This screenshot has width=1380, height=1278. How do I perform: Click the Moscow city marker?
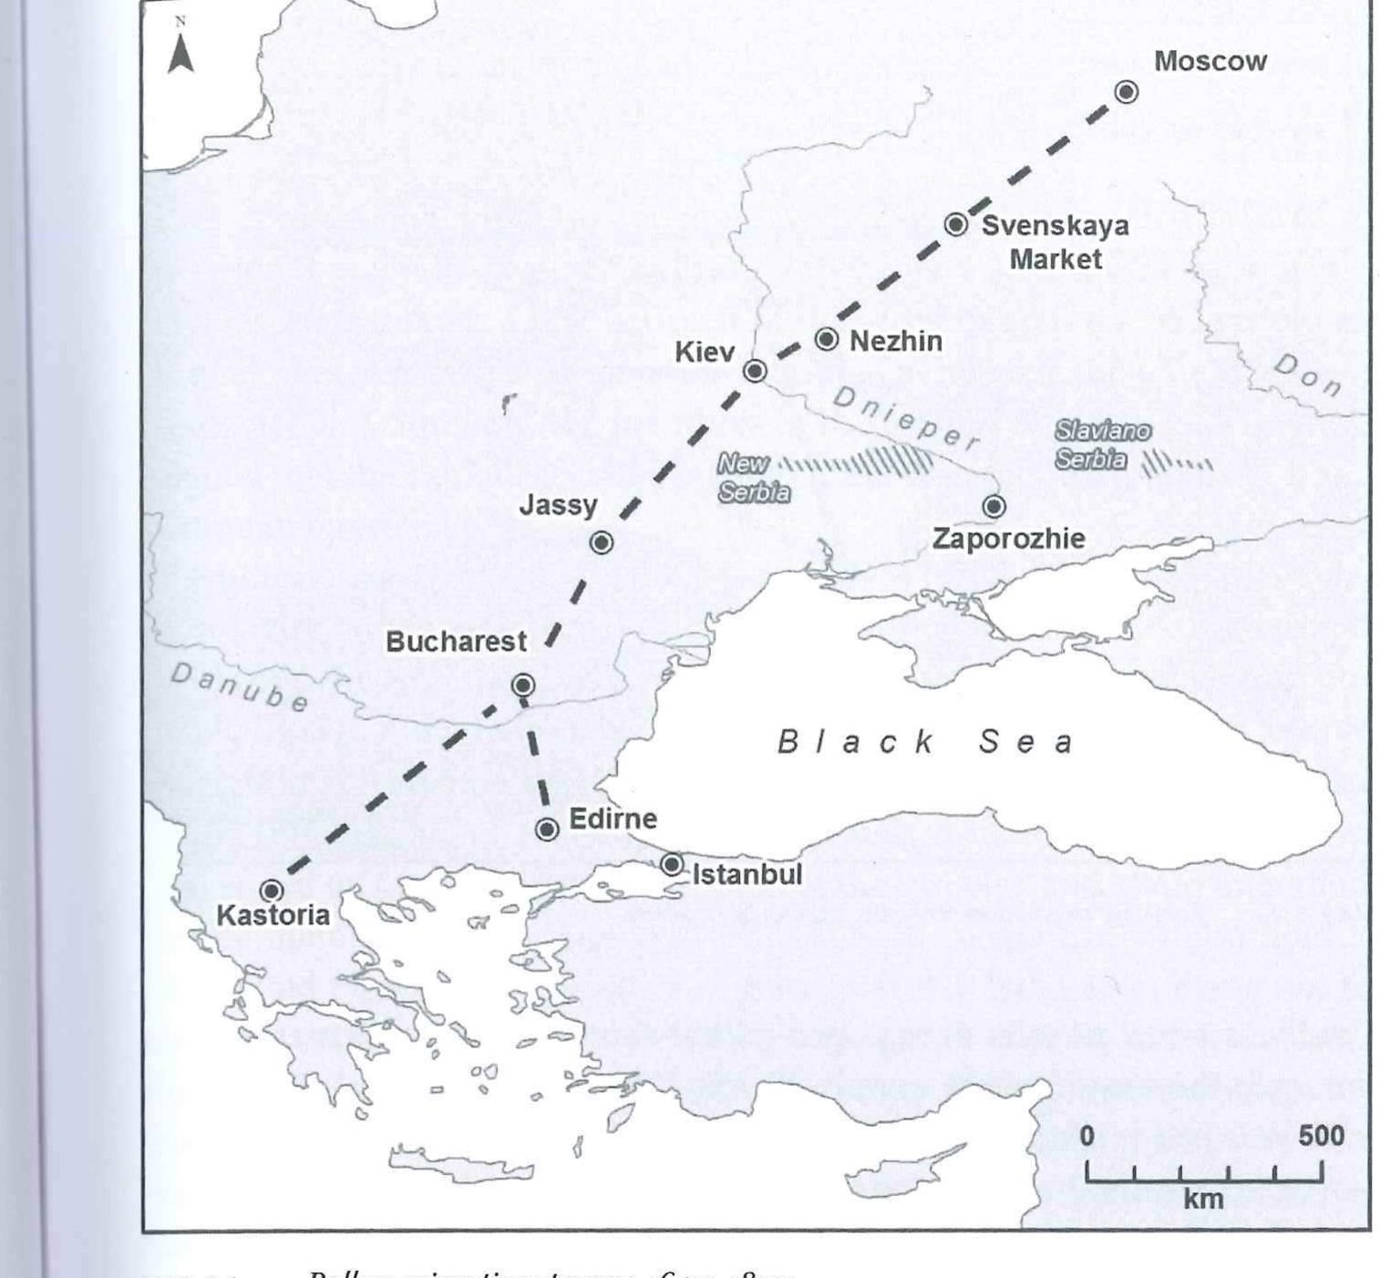click(1127, 92)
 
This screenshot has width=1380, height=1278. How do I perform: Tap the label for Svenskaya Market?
click(1055, 242)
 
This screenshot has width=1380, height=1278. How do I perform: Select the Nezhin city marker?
click(826, 339)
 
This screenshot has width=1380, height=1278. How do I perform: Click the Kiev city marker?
click(755, 371)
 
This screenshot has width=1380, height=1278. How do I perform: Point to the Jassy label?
click(558, 505)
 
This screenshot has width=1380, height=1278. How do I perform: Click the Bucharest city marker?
click(522, 685)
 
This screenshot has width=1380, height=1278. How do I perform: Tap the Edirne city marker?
click(547, 830)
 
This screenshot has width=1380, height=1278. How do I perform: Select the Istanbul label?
click(747, 875)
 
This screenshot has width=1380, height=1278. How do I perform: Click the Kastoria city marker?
click(272, 891)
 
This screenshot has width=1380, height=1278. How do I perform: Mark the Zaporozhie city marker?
click(994, 506)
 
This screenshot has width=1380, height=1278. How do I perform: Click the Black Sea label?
click(924, 742)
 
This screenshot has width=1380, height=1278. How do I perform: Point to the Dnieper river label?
click(904, 419)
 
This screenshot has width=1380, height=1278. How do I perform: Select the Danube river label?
click(240, 686)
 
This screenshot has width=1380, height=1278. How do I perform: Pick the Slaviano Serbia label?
click(1101, 445)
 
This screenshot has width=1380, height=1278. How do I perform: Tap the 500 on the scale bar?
click(1321, 1136)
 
